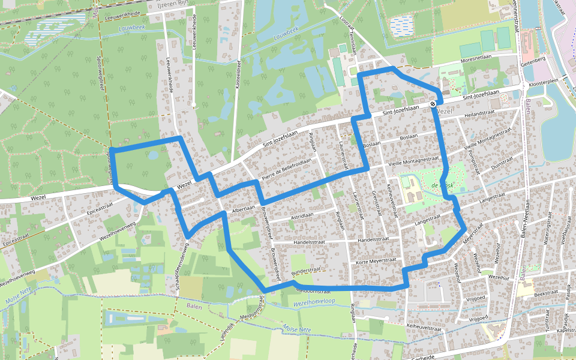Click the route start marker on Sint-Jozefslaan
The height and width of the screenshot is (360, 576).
click(x=433, y=104)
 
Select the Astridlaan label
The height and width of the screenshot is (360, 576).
click(x=302, y=215)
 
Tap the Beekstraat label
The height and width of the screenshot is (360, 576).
click(x=547, y=294)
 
